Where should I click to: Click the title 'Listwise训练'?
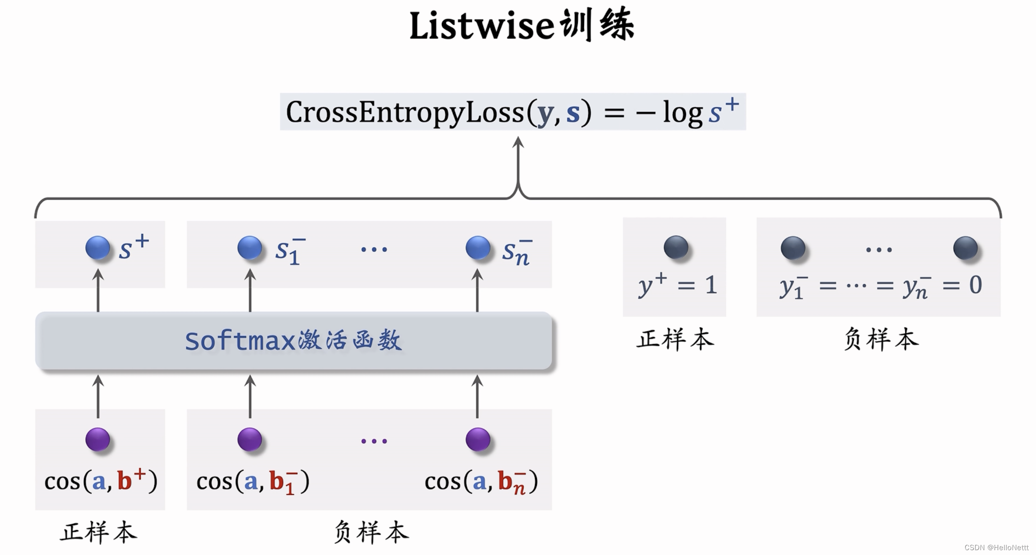(522, 25)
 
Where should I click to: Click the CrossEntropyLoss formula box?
(513, 112)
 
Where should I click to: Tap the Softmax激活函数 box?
(294, 341)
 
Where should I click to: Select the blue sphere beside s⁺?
(98, 248)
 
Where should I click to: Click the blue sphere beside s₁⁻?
(250, 248)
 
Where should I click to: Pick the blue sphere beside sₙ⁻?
(478, 248)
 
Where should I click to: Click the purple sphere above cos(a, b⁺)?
(98, 440)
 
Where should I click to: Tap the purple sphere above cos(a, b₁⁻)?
(250, 440)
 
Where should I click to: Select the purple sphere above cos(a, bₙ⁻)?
(478, 440)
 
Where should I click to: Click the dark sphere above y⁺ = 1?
(676, 248)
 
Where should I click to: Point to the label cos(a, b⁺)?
(101, 481)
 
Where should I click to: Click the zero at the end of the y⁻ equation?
(976, 285)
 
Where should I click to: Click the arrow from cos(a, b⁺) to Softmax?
(98, 396)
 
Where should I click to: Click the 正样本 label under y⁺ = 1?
(675, 339)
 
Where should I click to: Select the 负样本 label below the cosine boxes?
(372, 532)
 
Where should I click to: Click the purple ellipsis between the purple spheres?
(374, 441)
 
